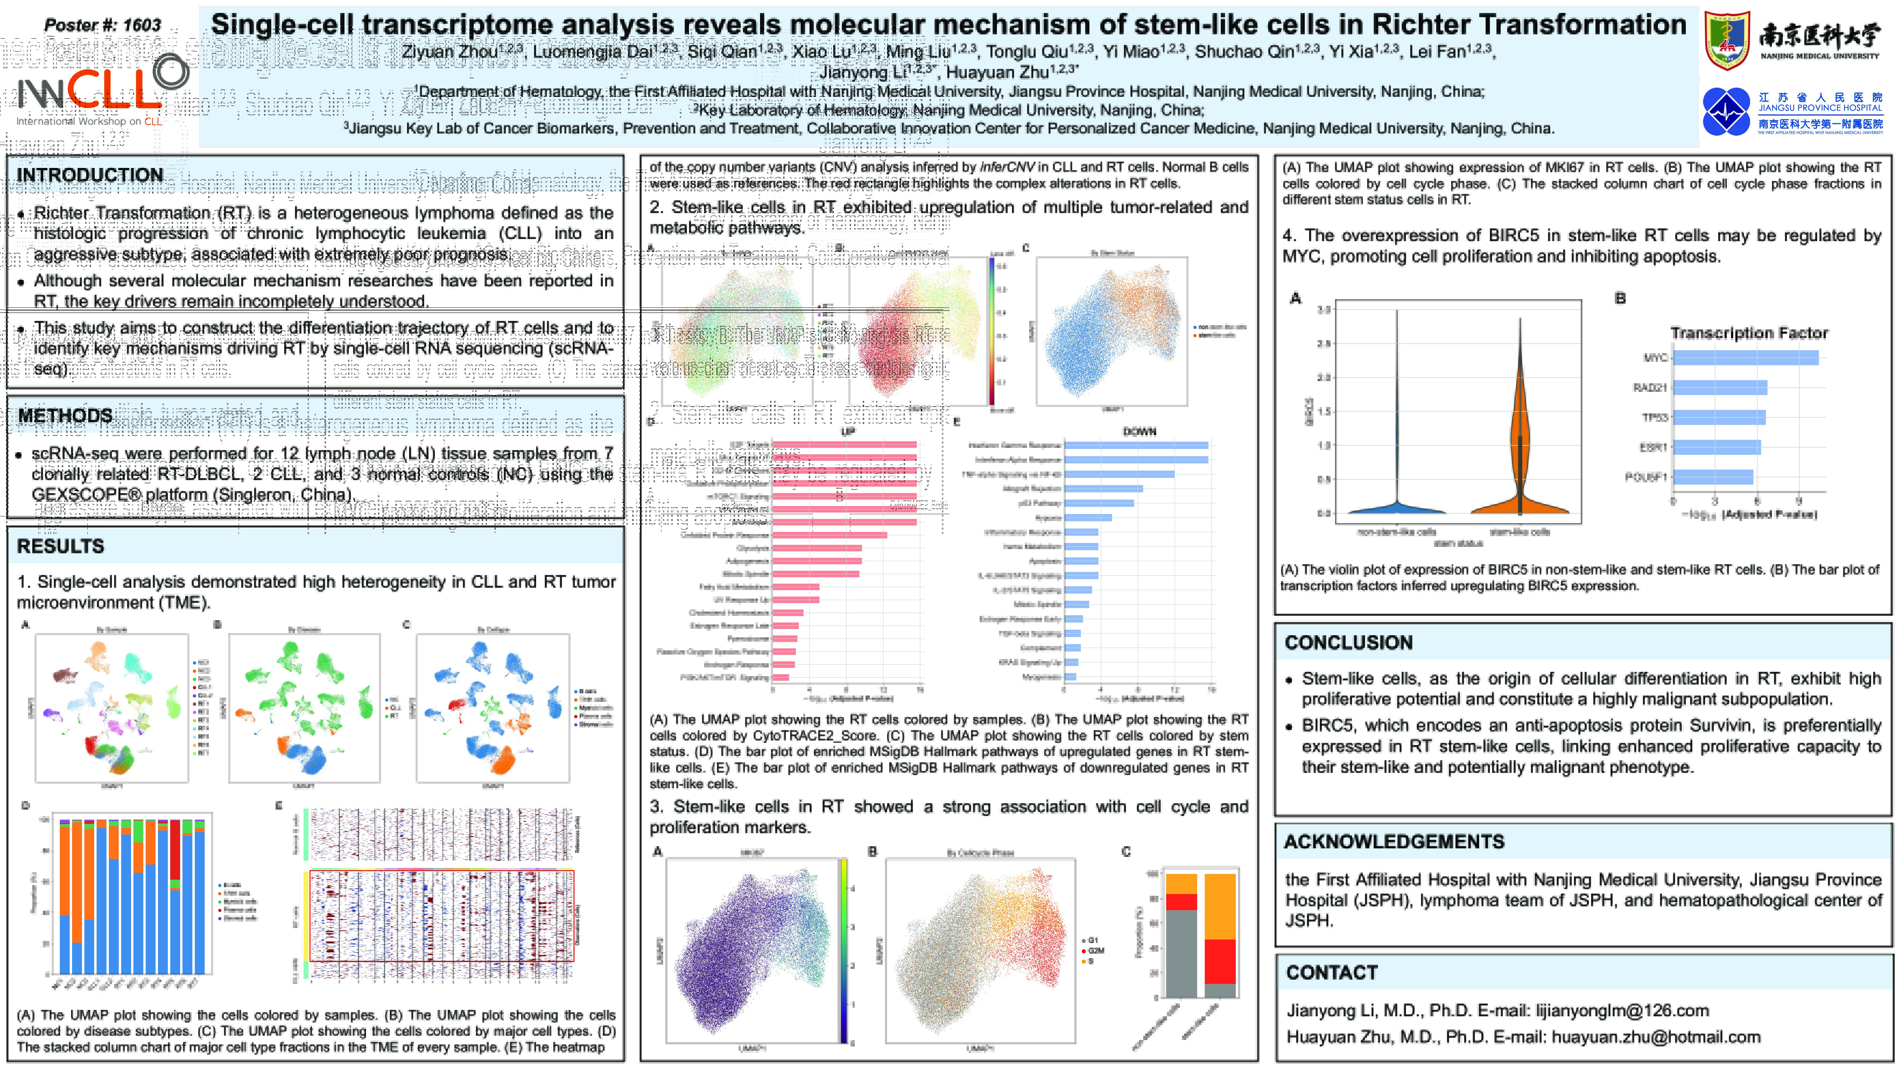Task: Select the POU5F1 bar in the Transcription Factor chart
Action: point(1712,477)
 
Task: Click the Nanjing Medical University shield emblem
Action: point(1726,41)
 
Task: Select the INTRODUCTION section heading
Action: point(89,175)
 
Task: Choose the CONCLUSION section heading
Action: point(1348,643)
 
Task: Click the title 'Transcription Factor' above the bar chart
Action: point(1749,333)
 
